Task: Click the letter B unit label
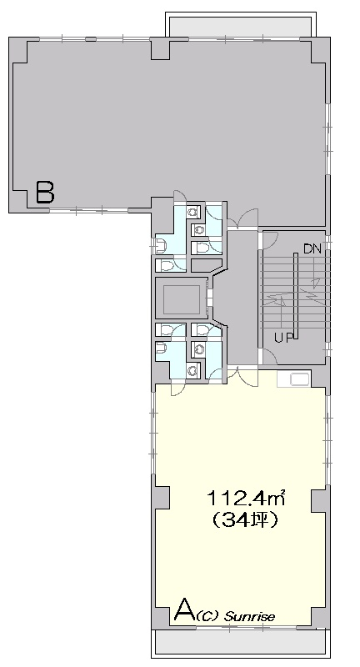(45, 192)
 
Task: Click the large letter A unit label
(185, 610)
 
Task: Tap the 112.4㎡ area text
(245, 498)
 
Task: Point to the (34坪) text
(245, 519)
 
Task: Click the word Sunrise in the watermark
(249, 616)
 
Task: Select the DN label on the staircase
(312, 248)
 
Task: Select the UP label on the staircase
(283, 339)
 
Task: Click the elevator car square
(182, 298)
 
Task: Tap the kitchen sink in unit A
(294, 379)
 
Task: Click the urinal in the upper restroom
(160, 244)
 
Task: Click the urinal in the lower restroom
(160, 349)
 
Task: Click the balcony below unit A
(240, 642)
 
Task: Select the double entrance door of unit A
(242, 376)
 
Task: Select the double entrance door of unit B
(242, 219)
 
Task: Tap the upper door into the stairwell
(267, 239)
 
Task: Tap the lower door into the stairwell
(267, 357)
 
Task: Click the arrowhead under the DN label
(316, 281)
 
